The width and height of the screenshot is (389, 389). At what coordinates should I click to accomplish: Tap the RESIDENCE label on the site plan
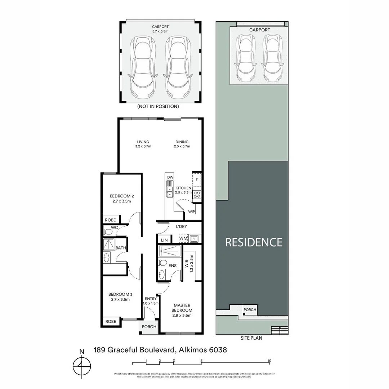coord(254,242)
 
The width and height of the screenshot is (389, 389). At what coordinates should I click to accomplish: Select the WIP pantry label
coord(191,212)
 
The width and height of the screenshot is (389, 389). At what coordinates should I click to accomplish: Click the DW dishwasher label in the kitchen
coord(170,178)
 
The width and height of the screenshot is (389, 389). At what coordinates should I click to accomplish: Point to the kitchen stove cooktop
coord(197,195)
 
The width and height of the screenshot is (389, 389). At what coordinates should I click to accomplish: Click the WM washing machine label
coord(183,239)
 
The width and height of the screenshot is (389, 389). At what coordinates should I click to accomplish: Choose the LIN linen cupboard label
coord(164,240)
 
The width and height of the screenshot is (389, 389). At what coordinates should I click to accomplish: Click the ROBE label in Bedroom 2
coord(110,219)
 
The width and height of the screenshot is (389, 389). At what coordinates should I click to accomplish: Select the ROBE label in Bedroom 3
coord(110,321)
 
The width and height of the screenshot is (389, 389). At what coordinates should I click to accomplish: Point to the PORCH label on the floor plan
coord(149,327)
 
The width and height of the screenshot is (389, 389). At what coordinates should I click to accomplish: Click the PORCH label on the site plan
coord(250,310)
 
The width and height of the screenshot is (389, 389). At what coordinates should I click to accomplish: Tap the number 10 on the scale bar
coord(269,361)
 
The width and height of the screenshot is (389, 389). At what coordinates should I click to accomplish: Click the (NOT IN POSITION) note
coord(158,107)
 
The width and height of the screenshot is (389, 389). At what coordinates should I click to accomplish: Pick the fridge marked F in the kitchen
coord(197,179)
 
